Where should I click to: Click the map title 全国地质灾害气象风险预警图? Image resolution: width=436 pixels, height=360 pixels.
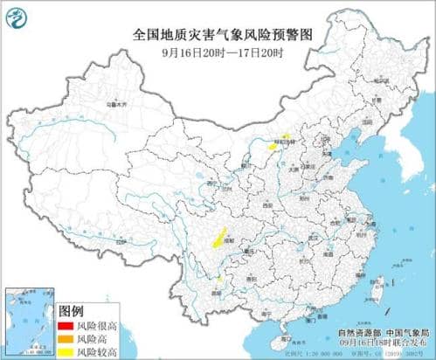[x=222, y=34]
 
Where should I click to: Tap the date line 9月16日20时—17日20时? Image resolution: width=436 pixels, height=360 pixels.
[x=222, y=52]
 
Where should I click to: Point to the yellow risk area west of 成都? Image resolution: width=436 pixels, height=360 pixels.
[x=212, y=235]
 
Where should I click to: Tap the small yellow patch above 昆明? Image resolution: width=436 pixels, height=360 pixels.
[x=218, y=280]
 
